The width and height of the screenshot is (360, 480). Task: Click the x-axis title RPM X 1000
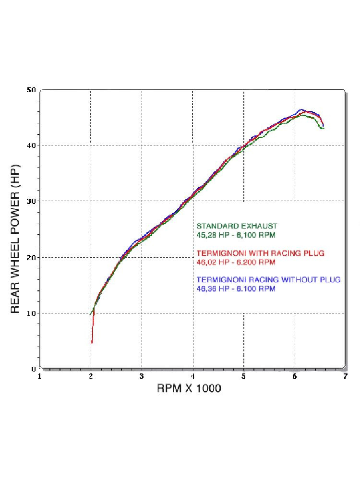click(189, 388)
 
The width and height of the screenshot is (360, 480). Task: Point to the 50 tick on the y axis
click(32, 90)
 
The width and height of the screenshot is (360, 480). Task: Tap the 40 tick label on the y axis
click(32, 145)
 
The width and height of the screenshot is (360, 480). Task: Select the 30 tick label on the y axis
click(32, 201)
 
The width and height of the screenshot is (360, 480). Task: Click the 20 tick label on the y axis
click(32, 257)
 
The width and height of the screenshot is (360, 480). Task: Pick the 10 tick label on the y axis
click(32, 313)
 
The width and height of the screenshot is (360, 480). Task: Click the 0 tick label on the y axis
click(34, 369)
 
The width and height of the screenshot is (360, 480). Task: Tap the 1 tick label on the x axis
click(40, 377)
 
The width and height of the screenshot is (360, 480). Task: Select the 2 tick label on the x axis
click(91, 377)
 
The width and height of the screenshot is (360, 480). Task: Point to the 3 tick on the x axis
click(142, 377)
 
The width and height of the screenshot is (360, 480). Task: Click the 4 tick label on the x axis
click(193, 377)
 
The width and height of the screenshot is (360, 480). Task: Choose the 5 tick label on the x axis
click(244, 377)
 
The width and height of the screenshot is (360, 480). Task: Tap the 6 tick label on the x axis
click(294, 377)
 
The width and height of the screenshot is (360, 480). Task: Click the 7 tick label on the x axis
click(345, 377)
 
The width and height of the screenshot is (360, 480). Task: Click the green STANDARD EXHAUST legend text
click(237, 226)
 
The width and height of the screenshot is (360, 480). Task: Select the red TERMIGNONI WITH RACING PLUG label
click(261, 253)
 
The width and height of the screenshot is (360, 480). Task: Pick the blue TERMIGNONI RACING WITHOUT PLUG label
click(268, 280)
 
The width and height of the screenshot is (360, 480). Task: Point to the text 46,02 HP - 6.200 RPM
click(236, 262)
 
